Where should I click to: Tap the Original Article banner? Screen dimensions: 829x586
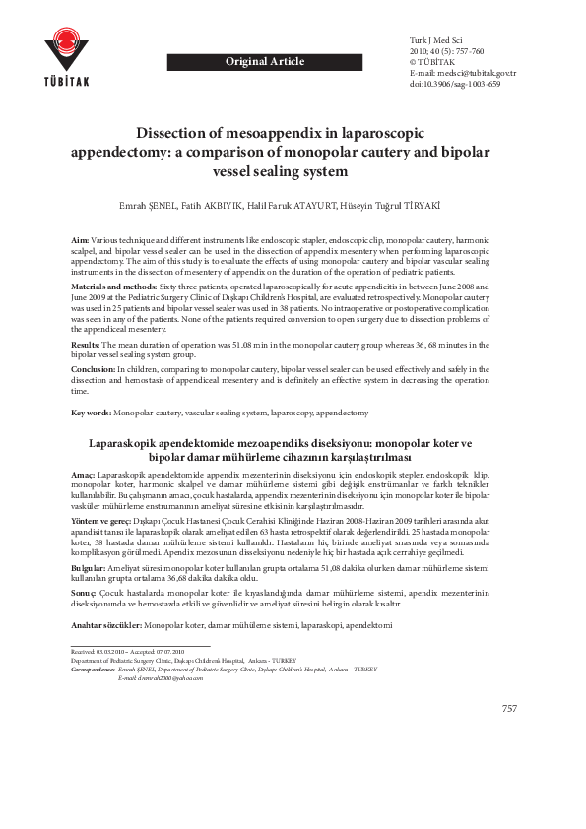click(x=265, y=62)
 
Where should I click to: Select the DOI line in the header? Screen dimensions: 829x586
click(x=454, y=85)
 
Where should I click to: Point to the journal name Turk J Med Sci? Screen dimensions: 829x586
click(x=435, y=38)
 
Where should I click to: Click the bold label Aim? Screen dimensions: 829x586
click(x=80, y=240)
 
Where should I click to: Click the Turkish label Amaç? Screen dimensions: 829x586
click(x=84, y=474)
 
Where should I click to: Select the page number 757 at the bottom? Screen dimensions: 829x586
click(x=509, y=709)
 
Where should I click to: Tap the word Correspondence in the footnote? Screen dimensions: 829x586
click(x=94, y=669)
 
